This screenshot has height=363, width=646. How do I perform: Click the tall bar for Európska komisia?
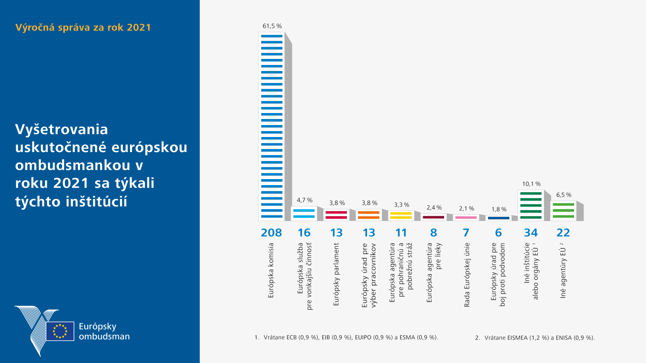[272, 126]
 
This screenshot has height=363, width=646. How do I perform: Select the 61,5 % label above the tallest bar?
[272, 26]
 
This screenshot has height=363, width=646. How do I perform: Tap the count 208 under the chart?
[271, 233]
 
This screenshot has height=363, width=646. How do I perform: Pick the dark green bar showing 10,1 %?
[531, 205]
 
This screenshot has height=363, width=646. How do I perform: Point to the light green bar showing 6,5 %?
[563, 211]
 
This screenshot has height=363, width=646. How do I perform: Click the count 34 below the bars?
[531, 233]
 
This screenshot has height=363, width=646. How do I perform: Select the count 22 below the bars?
[563, 233]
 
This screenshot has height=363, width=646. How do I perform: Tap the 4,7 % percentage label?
[304, 200]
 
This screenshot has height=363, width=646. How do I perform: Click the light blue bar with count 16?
[304, 213]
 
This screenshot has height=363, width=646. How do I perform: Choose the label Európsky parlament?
[336, 274]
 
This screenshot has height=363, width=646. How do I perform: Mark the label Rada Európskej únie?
[467, 274]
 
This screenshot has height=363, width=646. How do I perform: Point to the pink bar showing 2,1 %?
[466, 217]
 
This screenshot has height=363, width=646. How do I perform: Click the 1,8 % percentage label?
[499, 209]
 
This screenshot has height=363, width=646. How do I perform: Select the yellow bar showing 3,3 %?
[401, 215]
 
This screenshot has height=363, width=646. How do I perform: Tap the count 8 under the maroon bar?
[434, 233]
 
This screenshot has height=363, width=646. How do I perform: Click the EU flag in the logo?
[60, 331]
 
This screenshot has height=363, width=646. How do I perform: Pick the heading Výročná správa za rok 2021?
[83, 27]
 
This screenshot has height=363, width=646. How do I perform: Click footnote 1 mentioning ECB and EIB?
[346, 337]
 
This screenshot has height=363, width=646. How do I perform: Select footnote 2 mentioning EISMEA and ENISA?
[535, 338]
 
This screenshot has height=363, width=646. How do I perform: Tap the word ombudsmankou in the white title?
[73, 165]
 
